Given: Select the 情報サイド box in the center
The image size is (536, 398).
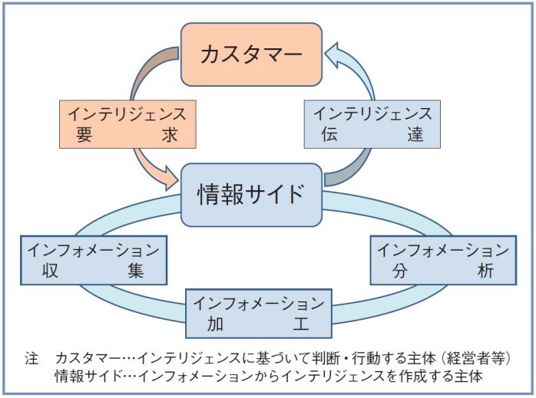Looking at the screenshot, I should tap(250, 194).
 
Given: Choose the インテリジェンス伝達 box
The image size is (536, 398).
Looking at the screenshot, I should tap(373, 124).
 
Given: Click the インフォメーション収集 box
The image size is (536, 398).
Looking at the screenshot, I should tap(93, 261).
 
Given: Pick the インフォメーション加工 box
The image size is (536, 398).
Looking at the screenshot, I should tap(258, 312).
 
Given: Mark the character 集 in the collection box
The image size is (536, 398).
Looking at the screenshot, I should tap(136, 272).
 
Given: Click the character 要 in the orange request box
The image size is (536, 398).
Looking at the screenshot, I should tap(84, 136).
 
